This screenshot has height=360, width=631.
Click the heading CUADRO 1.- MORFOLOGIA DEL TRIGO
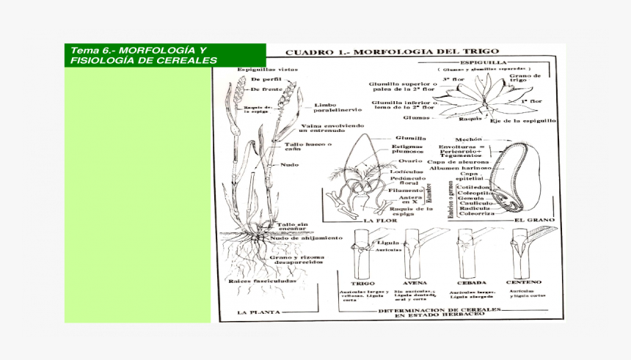pos(392,53)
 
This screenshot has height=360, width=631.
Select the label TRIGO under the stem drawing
pos(362,282)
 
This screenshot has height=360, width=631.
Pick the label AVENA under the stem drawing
pos(415,282)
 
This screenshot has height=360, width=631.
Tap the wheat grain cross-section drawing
pos(519,180)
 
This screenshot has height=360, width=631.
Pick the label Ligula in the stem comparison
pos(387,241)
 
